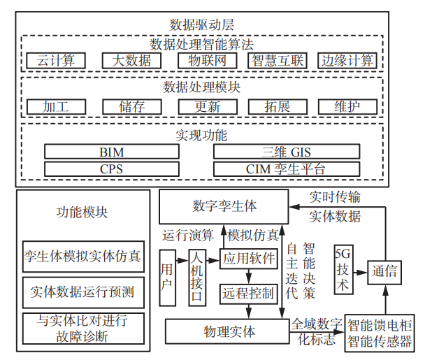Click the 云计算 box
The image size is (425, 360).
click(56, 61)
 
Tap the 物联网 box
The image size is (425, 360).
click(203, 61)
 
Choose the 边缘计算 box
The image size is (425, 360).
click(347, 61)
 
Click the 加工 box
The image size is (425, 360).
click(56, 107)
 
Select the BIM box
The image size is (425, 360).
click(112, 152)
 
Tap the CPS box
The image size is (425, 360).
click(112, 169)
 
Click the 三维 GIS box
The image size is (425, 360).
click(286, 152)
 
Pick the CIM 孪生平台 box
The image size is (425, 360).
click(286, 169)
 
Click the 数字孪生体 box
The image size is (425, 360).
click(224, 206)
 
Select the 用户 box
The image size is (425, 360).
click(167, 277)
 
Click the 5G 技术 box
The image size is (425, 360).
click(343, 270)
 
